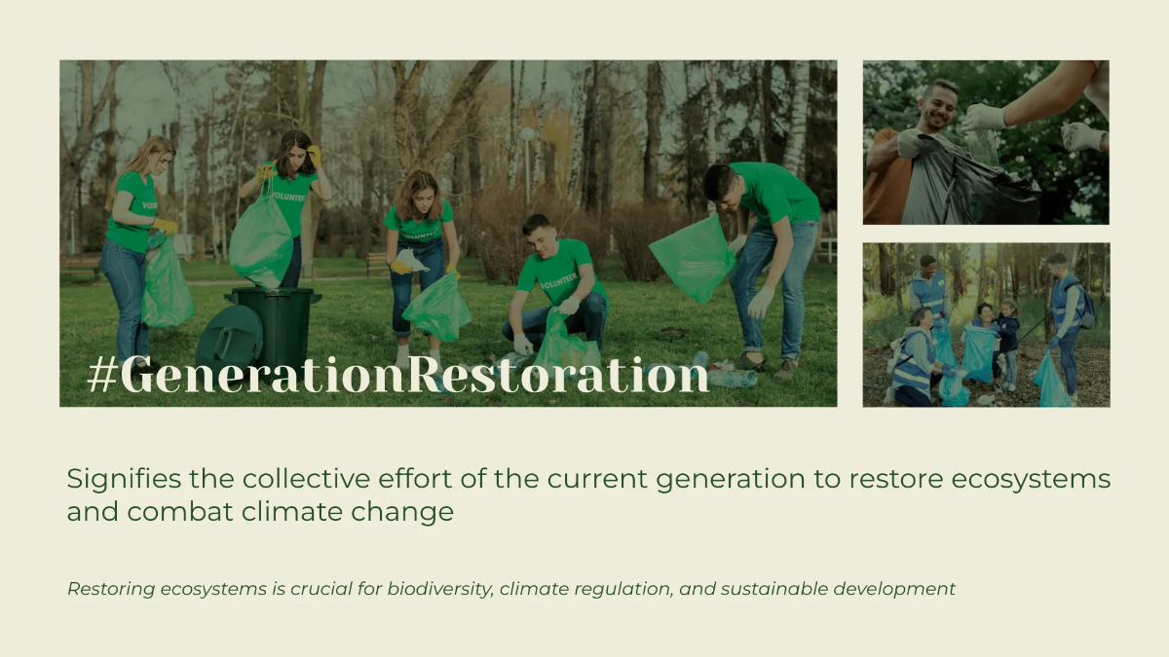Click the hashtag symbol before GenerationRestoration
click(101, 376)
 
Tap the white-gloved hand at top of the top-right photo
click(985, 118)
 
